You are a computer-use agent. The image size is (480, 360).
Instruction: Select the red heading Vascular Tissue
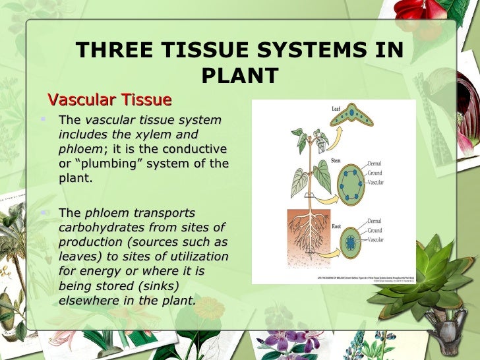[110, 100]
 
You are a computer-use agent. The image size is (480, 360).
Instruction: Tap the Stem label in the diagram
[337, 160]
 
